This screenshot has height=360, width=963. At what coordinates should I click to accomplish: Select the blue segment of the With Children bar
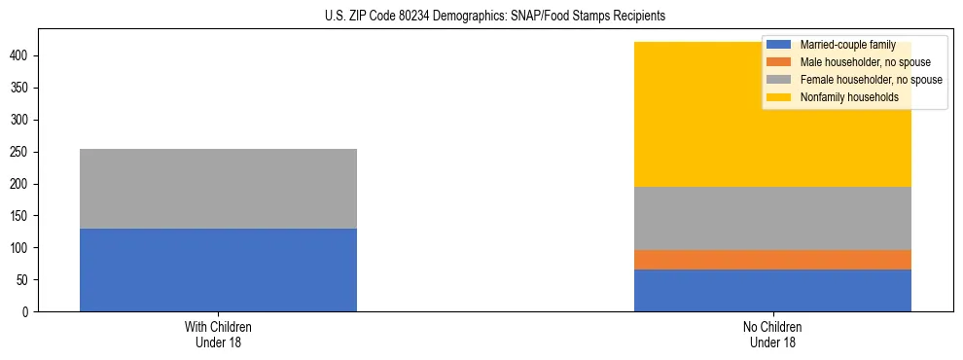pos(218,270)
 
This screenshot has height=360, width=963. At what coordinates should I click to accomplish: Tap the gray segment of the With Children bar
pos(218,189)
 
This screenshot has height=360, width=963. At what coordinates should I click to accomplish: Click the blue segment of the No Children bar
pos(772,290)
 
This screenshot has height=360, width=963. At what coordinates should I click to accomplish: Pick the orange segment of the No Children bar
pos(772,260)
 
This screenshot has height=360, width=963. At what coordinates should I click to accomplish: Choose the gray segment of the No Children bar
pos(772,218)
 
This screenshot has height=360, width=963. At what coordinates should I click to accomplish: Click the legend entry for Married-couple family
pos(847,45)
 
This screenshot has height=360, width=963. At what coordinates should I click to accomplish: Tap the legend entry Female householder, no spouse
pos(871,80)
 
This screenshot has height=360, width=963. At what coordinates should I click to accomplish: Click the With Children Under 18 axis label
pos(218,334)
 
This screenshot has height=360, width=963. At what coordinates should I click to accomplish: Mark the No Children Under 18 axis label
pos(772,334)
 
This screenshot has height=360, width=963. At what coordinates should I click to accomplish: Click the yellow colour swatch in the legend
pos(780,97)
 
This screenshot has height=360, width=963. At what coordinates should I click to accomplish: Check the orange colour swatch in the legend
pos(780,62)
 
